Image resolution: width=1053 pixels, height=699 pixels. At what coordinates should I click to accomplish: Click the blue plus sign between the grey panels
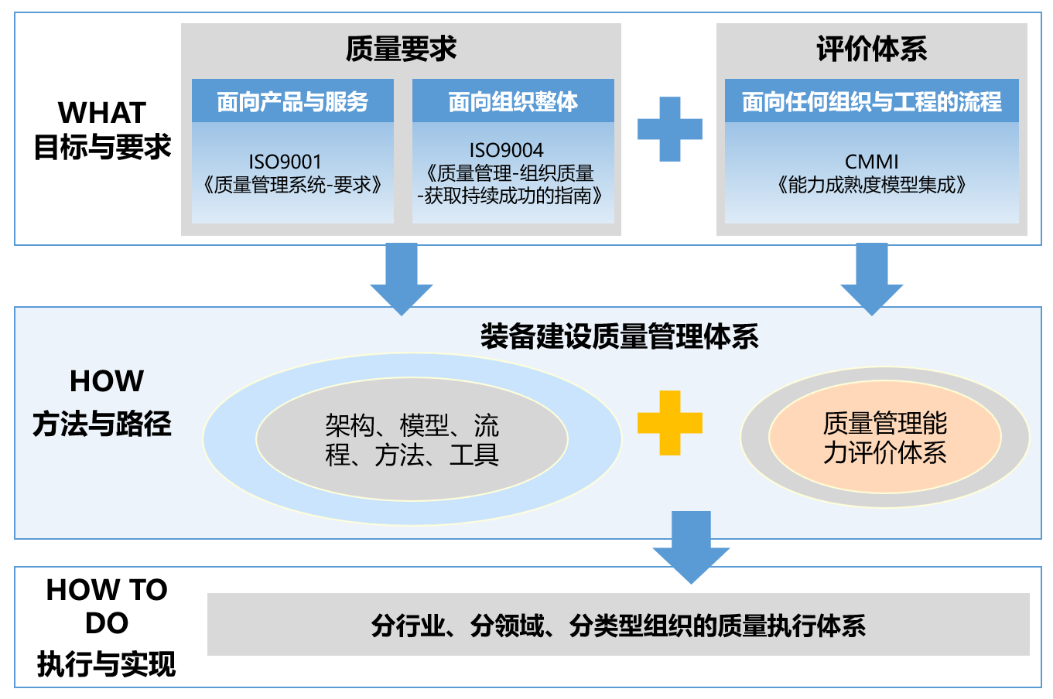pos(670,129)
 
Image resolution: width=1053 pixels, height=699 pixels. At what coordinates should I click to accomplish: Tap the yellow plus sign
pos(670,423)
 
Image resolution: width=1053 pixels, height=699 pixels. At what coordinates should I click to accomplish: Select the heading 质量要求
pos(401,49)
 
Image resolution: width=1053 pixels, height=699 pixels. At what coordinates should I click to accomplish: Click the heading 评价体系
pos(871,49)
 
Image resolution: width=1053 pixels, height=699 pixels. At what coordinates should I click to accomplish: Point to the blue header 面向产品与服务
pos(292,101)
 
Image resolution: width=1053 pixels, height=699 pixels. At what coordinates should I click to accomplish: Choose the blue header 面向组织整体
pos(513,101)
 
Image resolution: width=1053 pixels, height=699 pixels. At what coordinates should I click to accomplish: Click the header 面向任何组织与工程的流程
pos(871,101)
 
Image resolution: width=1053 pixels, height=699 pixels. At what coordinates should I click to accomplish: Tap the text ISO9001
pos(285,162)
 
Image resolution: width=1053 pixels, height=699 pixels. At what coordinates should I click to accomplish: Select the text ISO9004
pos(506,150)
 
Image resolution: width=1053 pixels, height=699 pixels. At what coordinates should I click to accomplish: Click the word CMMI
pos(871,162)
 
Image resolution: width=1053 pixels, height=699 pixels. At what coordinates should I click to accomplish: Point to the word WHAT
pos(102,113)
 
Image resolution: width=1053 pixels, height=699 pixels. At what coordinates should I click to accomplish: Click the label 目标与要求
pos(102,147)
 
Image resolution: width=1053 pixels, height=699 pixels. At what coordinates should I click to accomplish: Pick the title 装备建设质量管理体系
pos(620,337)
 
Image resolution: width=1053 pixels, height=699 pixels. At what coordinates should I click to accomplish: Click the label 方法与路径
pos(102,424)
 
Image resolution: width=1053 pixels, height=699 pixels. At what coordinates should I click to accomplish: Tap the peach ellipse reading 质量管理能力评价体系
pos(885,438)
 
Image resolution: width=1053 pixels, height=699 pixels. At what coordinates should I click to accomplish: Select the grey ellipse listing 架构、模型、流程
pos(412,439)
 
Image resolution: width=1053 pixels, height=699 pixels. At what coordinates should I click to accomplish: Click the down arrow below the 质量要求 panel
pos(402,279)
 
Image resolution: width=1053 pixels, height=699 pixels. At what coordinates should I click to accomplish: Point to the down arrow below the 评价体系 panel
pos(872,279)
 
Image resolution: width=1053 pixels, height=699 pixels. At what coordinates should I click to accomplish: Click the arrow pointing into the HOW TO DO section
pos(691,547)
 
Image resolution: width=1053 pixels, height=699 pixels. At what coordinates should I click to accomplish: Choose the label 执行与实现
pos(107,664)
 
